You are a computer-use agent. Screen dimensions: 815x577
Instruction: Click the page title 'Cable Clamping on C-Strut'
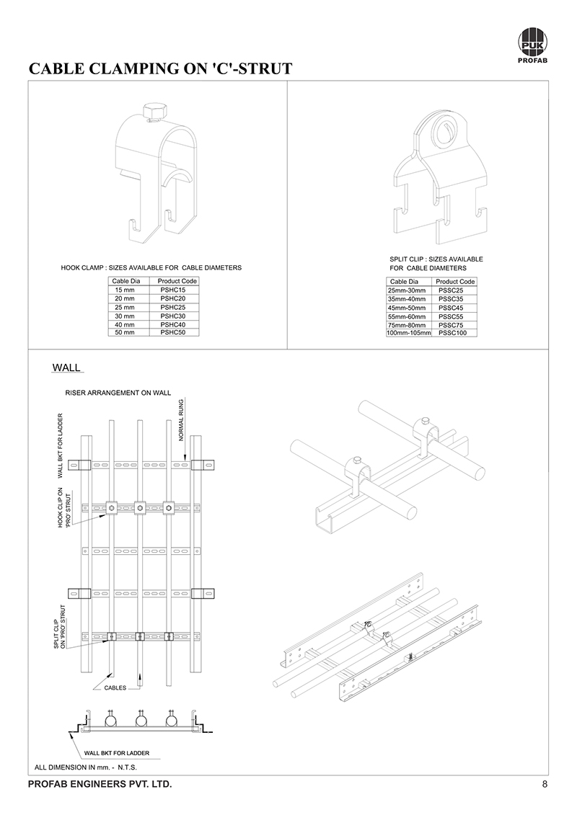pos(159,69)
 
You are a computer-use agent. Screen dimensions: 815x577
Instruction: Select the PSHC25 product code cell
pos(173,307)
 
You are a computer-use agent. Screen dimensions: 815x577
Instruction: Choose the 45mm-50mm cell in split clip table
pos(407,308)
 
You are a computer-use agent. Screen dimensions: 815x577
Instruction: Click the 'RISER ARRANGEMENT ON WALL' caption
pos(118,393)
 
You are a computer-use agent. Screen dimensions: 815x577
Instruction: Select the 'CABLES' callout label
pos(115,688)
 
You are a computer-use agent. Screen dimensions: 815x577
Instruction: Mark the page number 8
pos(545,784)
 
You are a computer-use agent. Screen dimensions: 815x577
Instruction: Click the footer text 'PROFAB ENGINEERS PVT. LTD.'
pos(100,784)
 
